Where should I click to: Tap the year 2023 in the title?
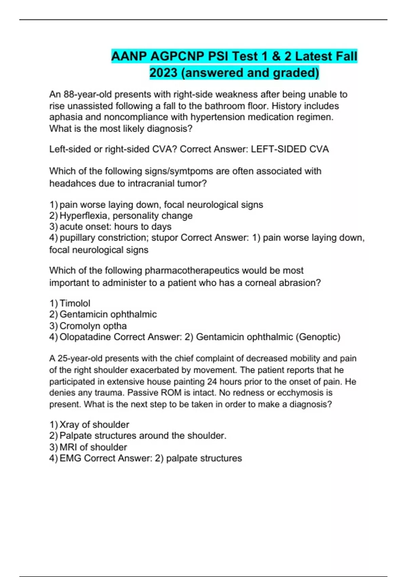[163, 73]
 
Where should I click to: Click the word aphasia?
[66, 117]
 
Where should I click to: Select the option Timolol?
[75, 303]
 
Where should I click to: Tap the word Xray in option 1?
[70, 425]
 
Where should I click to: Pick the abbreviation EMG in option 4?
[70, 458]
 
